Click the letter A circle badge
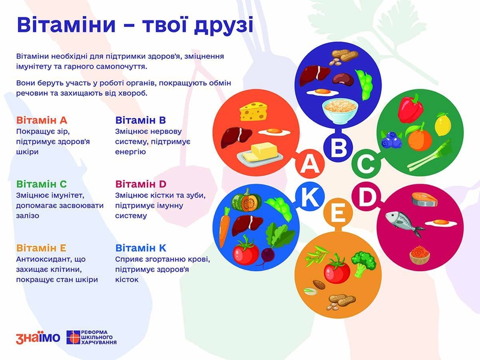point(310,164)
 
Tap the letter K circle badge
point(310,197)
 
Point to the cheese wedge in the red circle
point(253,112)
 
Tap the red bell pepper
point(410,109)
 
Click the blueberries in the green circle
point(391,140)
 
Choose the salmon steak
point(424,199)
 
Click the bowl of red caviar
point(419,254)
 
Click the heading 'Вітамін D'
point(140,184)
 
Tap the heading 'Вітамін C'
point(41,184)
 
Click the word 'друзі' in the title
point(223,25)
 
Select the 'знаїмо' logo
point(38,338)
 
